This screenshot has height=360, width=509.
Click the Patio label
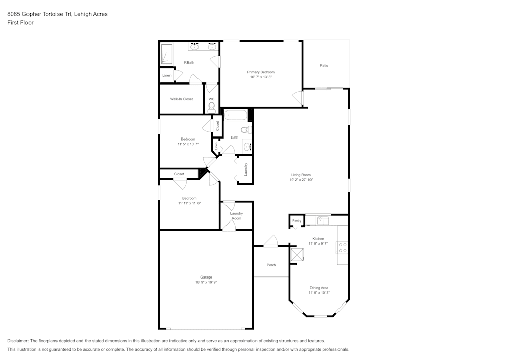(x=324, y=65)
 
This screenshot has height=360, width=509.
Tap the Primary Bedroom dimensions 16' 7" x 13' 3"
(x=261, y=77)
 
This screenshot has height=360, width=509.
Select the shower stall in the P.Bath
(x=166, y=54)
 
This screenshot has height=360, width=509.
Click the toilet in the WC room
(x=211, y=107)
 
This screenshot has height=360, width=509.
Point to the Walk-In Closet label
(x=181, y=99)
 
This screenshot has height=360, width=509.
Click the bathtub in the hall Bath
(x=236, y=115)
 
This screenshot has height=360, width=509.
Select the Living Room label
(x=300, y=175)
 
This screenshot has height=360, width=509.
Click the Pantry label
(x=297, y=220)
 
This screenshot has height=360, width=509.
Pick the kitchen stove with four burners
(x=343, y=247)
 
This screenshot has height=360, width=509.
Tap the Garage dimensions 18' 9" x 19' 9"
(x=206, y=282)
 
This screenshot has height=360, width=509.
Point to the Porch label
(x=271, y=265)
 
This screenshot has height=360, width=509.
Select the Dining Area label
(x=319, y=288)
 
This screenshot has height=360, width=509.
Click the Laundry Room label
(x=236, y=216)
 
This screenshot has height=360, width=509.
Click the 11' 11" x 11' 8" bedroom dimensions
(x=189, y=203)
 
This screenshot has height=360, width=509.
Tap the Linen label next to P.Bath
(x=166, y=75)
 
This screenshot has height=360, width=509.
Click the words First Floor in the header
(x=20, y=23)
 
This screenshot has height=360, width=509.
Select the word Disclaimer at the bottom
(x=18, y=341)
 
